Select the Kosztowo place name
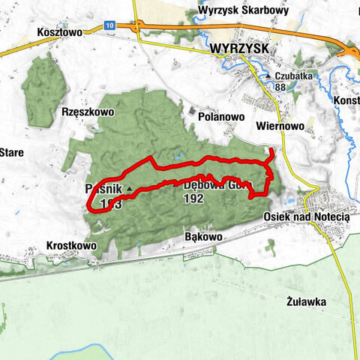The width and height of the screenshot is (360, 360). click(x=58, y=33)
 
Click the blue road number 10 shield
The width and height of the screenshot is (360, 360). click(x=110, y=24)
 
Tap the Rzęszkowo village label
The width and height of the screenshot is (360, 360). click(x=87, y=111)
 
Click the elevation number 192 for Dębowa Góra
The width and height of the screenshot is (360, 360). click(x=194, y=200)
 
